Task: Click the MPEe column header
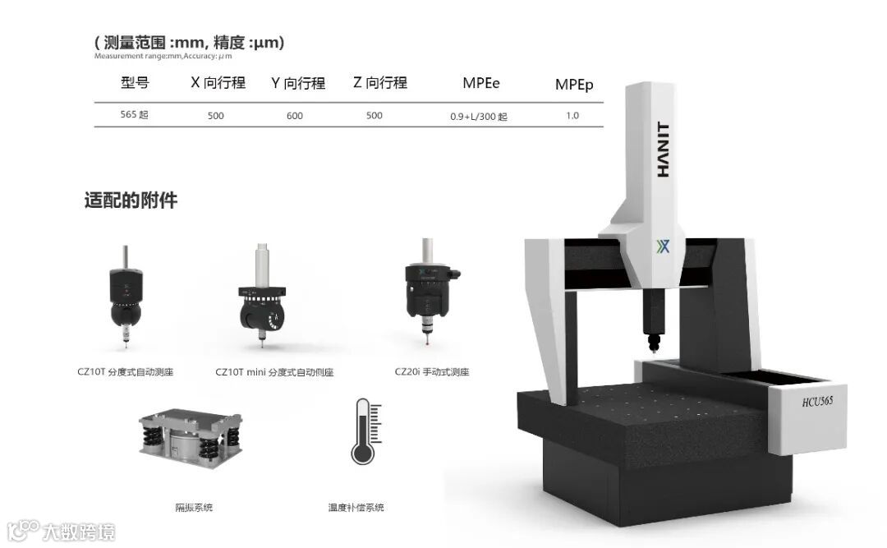click(x=480, y=83)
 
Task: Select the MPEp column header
click(x=573, y=85)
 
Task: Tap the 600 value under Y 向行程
click(x=295, y=116)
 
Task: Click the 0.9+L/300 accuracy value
click(x=479, y=117)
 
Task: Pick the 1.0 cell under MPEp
click(x=572, y=116)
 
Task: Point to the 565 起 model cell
click(x=134, y=114)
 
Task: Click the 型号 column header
click(x=136, y=83)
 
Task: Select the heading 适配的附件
click(x=131, y=200)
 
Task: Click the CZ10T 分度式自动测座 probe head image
click(x=126, y=296)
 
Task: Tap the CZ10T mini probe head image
click(x=262, y=294)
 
